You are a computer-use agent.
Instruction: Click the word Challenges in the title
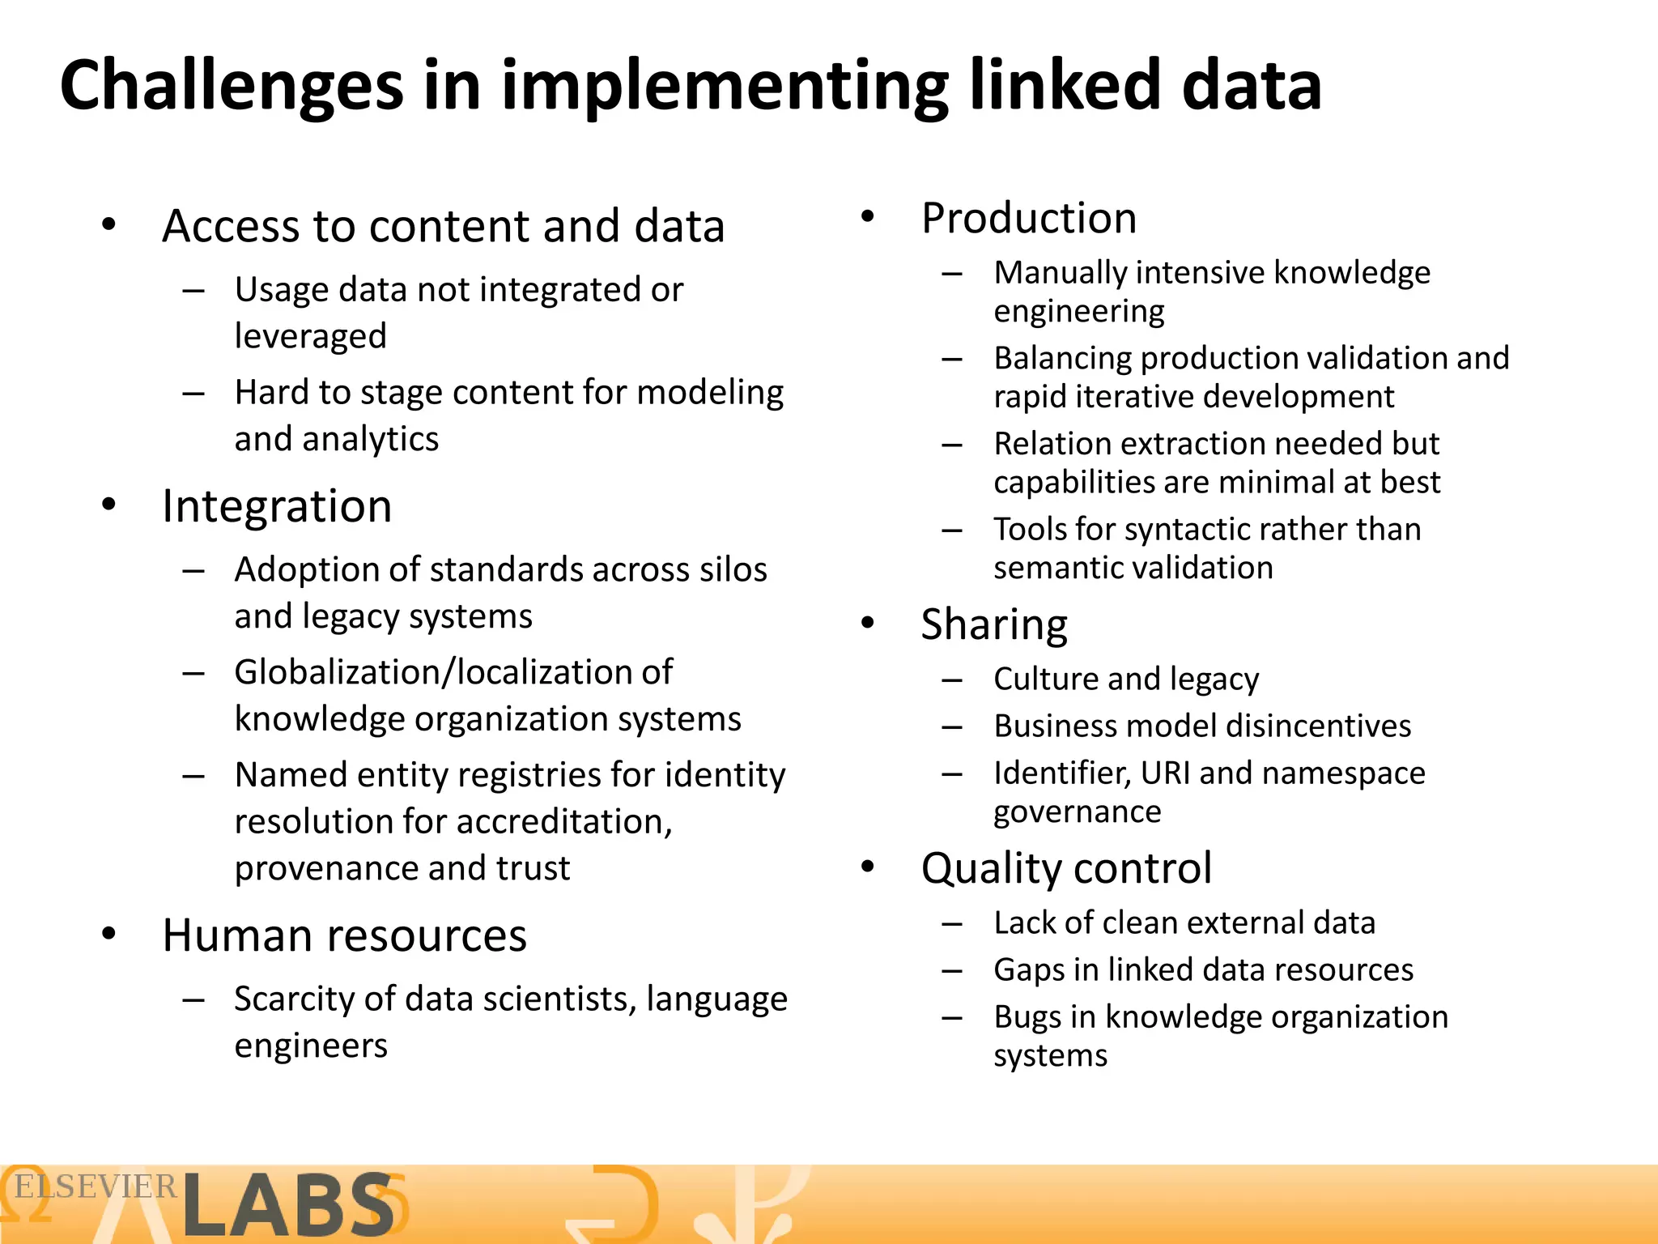pos(232,87)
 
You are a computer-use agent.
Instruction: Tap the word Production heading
pos(1029,219)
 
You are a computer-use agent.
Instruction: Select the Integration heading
pos(277,507)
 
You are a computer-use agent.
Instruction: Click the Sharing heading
pos(994,625)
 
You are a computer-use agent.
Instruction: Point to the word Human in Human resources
pos(236,935)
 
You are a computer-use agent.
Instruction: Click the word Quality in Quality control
pos(988,869)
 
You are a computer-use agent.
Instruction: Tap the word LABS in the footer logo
pos(288,1206)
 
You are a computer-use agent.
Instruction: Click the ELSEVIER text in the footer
pos(96,1187)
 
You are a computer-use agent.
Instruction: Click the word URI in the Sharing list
pos(1165,773)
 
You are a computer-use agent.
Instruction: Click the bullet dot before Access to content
pos(109,224)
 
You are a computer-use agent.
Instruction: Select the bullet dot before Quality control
pos(868,867)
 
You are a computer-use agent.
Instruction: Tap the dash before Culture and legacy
pos(952,680)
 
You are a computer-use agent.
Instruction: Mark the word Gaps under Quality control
pos(1029,970)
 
